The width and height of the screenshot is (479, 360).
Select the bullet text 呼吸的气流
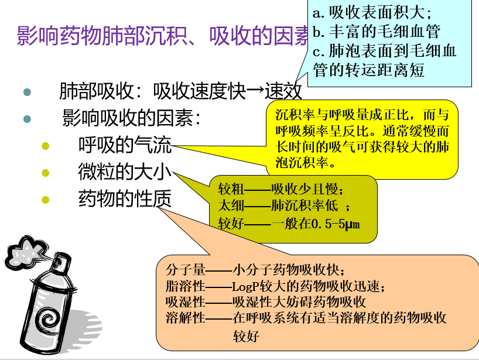[x=125, y=144]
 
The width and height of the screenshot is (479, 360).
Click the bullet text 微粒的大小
[x=125, y=172]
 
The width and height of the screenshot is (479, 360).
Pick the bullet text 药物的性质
[x=125, y=200]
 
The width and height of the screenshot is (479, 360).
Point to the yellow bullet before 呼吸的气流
[x=45, y=145]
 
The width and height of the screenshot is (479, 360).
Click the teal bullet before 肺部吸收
[x=26, y=92]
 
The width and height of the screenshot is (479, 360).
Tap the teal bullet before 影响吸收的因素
[x=26, y=119]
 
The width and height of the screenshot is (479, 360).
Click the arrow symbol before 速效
[x=255, y=91]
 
